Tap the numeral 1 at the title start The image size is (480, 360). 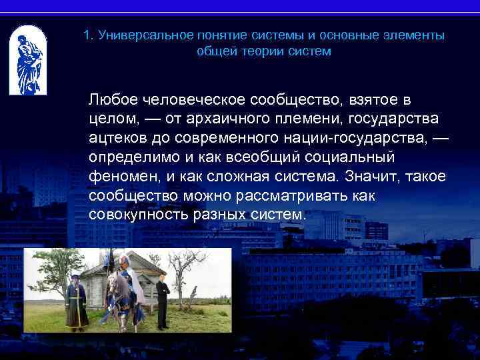pyautogui.click(x=87, y=35)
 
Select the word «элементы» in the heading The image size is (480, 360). pyautogui.click(x=414, y=35)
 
